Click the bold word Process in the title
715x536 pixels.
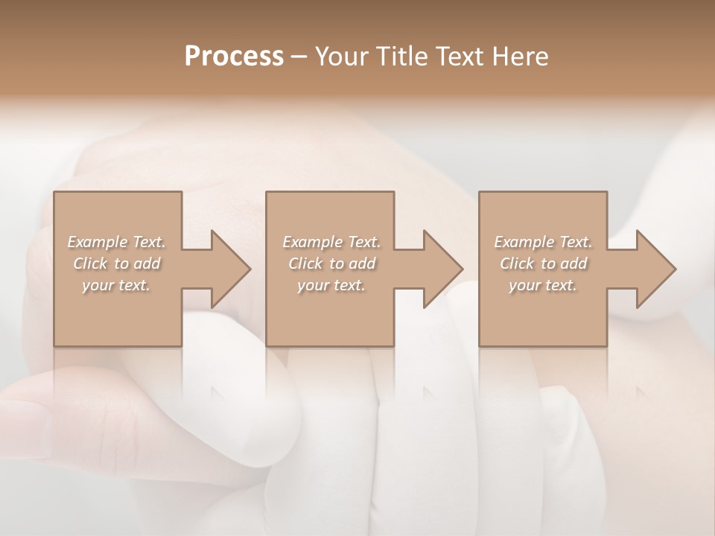(x=234, y=57)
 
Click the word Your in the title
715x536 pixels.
(x=343, y=57)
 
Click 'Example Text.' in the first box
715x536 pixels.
(x=116, y=242)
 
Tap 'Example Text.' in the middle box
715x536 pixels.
(x=331, y=242)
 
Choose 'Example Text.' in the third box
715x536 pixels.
(x=543, y=242)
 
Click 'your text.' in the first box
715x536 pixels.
(x=116, y=285)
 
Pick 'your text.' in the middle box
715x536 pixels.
(x=331, y=285)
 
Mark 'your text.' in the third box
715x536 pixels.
(x=543, y=285)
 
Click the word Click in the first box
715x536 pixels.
(x=90, y=264)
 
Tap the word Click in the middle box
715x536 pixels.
(x=305, y=264)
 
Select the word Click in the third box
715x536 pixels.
(x=517, y=264)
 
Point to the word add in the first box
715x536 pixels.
(x=147, y=264)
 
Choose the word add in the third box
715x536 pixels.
(x=574, y=264)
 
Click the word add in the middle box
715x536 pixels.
(x=363, y=264)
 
